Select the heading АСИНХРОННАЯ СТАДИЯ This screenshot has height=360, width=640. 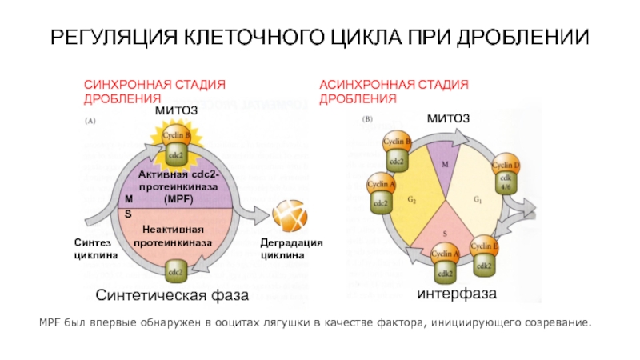394,84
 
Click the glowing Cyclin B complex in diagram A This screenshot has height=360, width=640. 177,142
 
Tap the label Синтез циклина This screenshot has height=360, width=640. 96,248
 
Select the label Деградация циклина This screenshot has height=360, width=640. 292,248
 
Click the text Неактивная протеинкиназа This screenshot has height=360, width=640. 173,235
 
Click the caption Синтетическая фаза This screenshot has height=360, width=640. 173,295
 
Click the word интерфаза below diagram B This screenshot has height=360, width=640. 457,294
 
